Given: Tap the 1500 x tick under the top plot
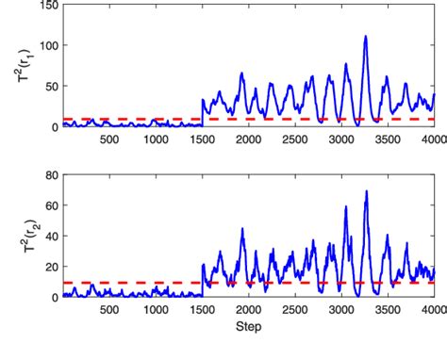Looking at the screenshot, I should pos(201,139).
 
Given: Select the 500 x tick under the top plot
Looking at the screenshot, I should pos(108,139).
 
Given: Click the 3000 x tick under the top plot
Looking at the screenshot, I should pos(340,139).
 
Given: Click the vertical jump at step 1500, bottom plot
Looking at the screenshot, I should pos(202,281).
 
